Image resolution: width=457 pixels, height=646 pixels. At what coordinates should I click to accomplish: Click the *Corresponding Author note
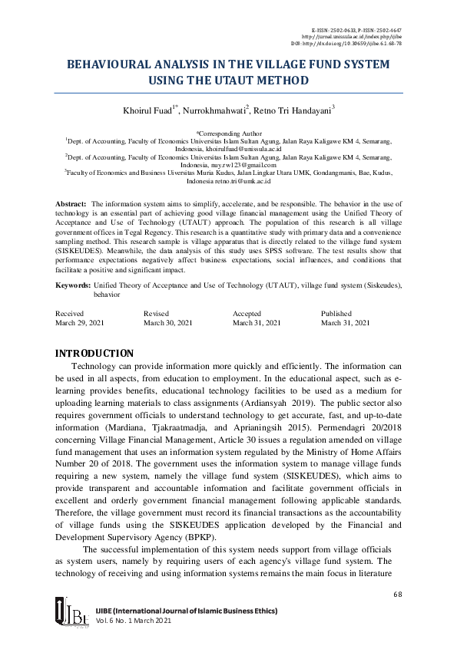[x=229, y=133]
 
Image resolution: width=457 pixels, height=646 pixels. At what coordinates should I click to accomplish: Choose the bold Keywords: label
[x=73, y=285]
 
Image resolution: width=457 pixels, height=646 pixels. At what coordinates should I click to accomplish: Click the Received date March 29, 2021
[x=81, y=323]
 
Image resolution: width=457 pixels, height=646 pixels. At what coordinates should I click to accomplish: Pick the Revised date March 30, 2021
[x=167, y=323]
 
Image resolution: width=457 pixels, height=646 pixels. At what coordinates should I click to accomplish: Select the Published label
[x=336, y=313]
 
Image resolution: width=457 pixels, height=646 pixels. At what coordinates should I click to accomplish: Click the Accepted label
[x=247, y=313]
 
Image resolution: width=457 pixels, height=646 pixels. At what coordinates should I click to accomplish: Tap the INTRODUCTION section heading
[x=95, y=354]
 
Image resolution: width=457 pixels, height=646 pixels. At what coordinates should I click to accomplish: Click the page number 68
[x=397, y=595]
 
